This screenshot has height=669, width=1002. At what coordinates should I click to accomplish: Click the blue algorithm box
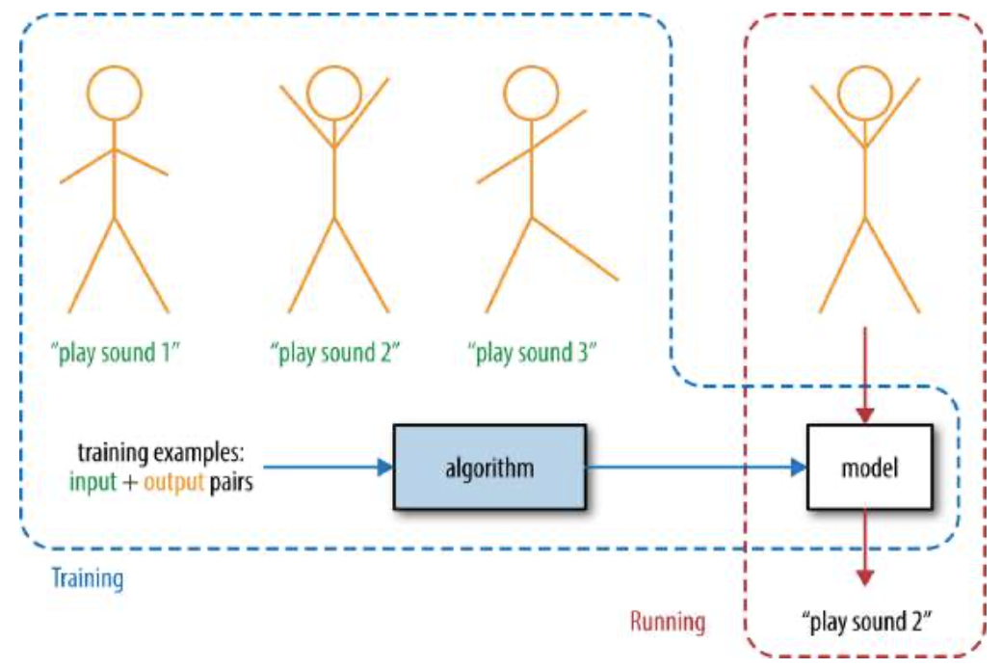(489, 467)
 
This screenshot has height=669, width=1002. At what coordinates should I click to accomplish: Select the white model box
(869, 467)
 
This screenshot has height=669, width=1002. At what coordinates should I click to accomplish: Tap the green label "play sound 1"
(116, 353)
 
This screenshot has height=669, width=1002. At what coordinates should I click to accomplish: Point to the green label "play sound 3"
(532, 353)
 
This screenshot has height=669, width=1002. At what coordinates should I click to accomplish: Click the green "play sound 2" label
(335, 353)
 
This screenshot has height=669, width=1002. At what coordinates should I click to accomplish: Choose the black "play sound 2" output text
(867, 621)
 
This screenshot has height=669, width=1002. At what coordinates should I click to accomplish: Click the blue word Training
(88, 578)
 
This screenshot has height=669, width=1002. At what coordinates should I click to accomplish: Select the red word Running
(668, 621)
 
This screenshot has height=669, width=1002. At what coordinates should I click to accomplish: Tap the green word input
(92, 482)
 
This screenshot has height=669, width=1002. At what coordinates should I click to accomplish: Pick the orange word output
(173, 482)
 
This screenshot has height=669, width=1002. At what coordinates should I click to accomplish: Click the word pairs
(231, 482)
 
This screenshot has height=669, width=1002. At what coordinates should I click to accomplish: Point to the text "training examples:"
(161, 452)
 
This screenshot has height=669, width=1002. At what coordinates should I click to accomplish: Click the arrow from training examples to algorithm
(329, 467)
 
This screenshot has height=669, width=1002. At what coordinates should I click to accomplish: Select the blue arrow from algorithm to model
(697, 467)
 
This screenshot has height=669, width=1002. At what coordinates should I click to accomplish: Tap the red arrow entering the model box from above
(865, 375)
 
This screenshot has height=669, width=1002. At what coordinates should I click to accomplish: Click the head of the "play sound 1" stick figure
(115, 94)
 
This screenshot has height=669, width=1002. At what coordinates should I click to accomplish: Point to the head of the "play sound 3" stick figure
(531, 94)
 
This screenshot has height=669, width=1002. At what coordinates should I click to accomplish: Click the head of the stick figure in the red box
(865, 94)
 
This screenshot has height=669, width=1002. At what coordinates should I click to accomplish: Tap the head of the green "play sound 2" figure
(334, 94)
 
